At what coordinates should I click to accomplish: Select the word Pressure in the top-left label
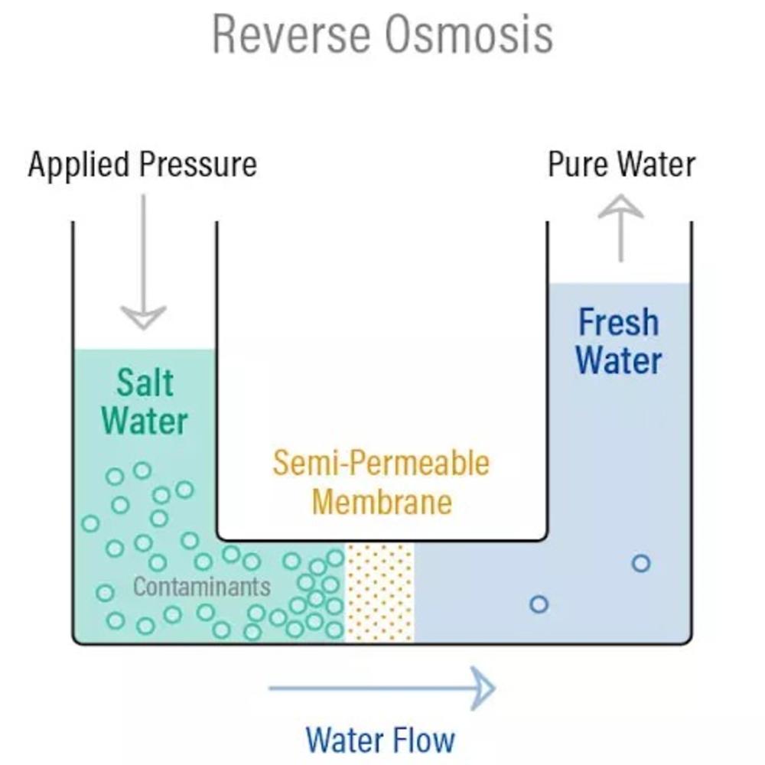(x=200, y=164)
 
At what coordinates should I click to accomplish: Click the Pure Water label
(x=621, y=164)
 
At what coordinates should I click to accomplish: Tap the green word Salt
(x=145, y=382)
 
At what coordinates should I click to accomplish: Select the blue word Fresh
(x=618, y=322)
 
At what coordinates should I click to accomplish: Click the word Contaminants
(x=202, y=587)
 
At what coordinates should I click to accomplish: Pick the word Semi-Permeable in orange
(x=381, y=464)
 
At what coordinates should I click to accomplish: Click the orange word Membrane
(x=382, y=503)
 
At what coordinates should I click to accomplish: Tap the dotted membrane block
(x=380, y=592)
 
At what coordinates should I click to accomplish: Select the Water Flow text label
(x=380, y=740)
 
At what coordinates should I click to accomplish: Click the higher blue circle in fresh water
(x=641, y=564)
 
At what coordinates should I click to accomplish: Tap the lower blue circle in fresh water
(x=539, y=604)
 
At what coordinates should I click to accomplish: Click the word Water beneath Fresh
(x=619, y=360)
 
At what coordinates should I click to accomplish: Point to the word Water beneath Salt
(x=145, y=421)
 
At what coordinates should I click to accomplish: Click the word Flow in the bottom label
(x=425, y=740)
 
